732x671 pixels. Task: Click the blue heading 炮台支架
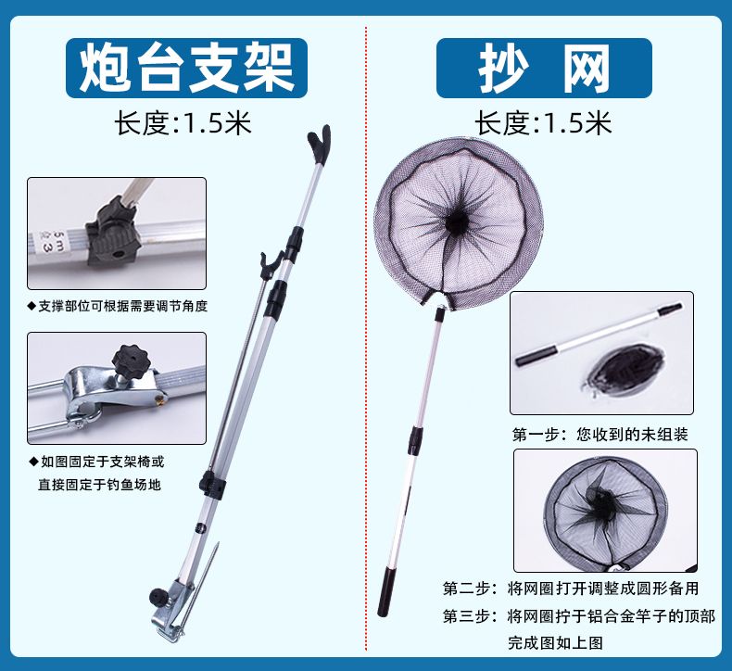(186, 69)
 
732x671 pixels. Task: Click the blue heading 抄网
(544, 69)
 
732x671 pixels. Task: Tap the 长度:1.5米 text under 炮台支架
(183, 123)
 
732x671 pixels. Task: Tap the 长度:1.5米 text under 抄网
(543, 123)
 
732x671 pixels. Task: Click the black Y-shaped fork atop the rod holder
(320, 143)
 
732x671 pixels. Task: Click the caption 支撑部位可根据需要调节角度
(117, 307)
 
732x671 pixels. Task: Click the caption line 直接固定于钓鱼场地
(99, 485)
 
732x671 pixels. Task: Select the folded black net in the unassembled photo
(626, 370)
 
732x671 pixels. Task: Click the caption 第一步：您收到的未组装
(599, 435)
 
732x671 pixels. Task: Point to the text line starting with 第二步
(571, 588)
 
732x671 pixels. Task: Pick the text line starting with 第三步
(579, 616)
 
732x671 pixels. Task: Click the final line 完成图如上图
(556, 643)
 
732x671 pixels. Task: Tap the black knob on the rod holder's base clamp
(158, 597)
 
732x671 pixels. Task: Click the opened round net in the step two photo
(605, 512)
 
